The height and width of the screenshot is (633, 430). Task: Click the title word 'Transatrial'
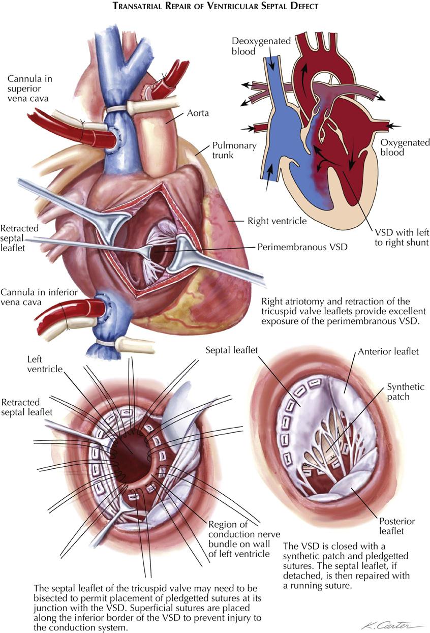point(138,6)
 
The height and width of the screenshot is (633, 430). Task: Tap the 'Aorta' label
point(198,113)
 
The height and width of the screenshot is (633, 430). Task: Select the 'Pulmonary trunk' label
point(234,150)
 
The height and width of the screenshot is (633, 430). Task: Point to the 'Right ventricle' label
point(277,221)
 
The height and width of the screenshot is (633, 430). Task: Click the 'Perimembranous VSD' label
point(302,247)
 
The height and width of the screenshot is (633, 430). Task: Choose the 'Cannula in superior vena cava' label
point(30,88)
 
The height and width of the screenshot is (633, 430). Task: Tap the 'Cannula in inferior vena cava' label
point(39,297)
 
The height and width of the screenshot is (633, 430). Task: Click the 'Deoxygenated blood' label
point(261,46)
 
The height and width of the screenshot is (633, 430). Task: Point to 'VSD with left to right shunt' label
point(402,237)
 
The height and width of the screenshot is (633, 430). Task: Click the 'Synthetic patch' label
point(406,391)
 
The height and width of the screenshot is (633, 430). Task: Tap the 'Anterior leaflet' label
point(388,351)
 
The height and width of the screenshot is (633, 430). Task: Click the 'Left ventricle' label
point(45,364)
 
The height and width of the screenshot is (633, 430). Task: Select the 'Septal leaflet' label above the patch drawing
point(232,350)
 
